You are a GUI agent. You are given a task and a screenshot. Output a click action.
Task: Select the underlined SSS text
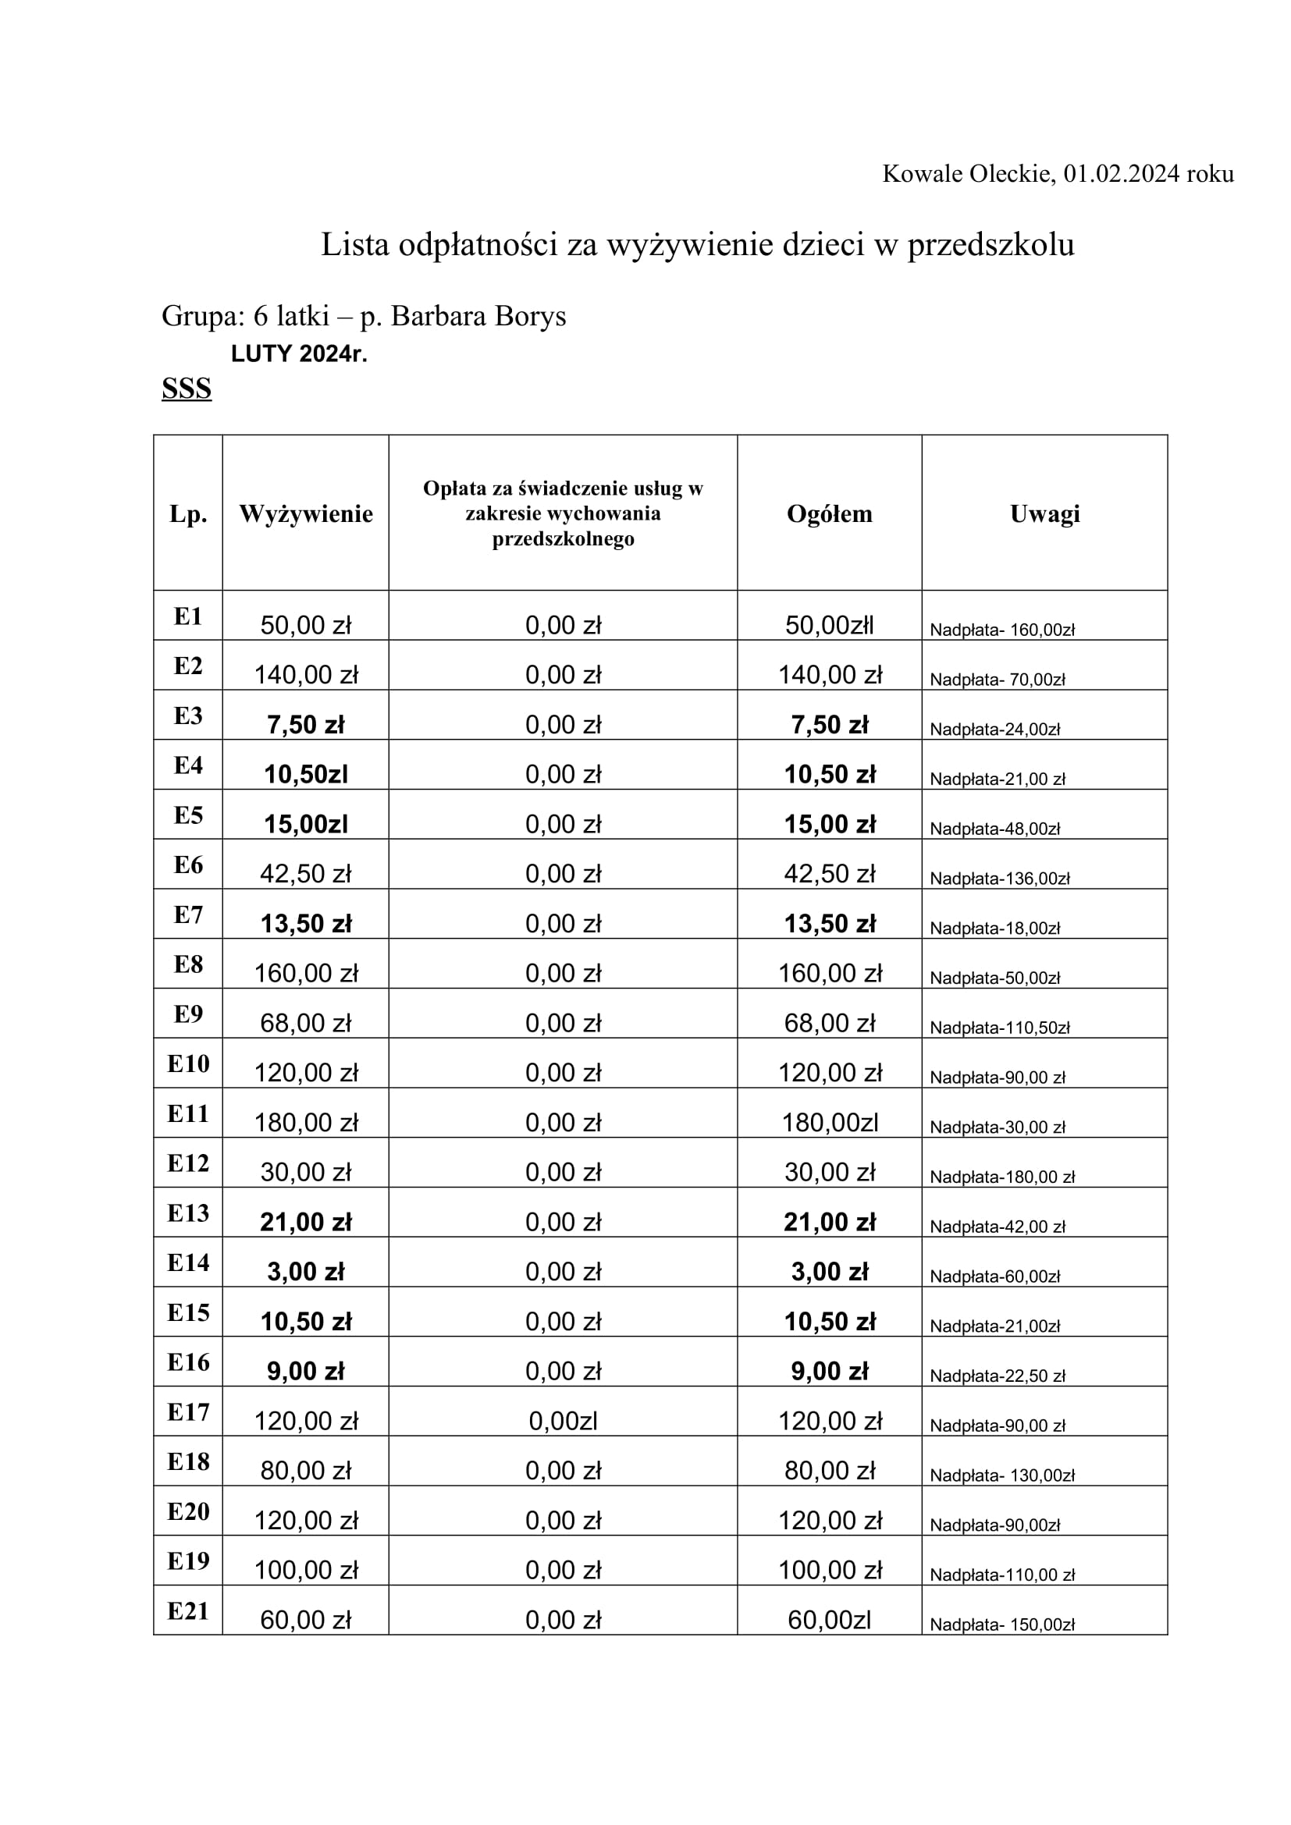click(x=187, y=389)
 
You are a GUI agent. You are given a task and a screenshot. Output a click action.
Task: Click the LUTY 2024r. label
click(x=299, y=353)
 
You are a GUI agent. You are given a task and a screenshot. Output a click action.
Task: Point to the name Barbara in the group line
click(x=438, y=316)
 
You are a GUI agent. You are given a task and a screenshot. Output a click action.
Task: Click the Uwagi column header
click(x=1044, y=513)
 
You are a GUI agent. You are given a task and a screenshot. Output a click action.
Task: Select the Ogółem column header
click(x=829, y=513)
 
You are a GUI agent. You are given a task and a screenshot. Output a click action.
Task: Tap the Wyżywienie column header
click(x=306, y=513)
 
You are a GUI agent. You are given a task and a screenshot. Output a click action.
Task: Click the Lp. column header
click(x=188, y=513)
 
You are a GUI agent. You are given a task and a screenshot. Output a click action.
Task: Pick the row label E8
click(x=188, y=964)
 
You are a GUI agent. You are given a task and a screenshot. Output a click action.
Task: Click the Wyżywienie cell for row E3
click(x=306, y=725)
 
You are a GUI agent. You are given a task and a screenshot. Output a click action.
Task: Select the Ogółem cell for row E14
click(x=829, y=1272)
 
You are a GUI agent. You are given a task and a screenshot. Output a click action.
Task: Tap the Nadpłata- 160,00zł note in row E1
click(x=1001, y=630)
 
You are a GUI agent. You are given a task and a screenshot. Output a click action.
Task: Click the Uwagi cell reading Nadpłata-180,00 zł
click(x=1001, y=1177)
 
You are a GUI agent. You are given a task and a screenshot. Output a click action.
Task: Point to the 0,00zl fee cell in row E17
click(x=563, y=1421)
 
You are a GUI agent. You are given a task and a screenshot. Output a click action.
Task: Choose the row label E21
click(x=188, y=1611)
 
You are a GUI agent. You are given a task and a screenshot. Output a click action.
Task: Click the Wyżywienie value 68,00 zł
click(x=306, y=1023)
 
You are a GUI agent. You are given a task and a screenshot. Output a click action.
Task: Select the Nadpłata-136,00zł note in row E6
click(x=999, y=879)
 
